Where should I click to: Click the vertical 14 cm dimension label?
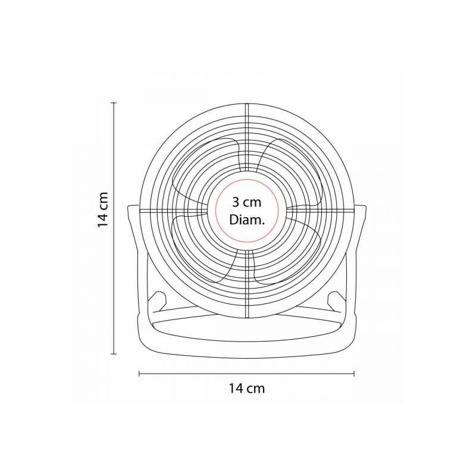click(x=103, y=209)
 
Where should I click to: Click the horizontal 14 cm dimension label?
click(x=246, y=389)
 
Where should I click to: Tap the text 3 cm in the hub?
click(x=246, y=202)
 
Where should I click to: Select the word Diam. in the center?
click(x=247, y=220)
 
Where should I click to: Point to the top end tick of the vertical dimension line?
click(x=114, y=103)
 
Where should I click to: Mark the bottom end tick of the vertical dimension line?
click(x=114, y=353)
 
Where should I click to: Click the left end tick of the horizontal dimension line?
click(x=139, y=374)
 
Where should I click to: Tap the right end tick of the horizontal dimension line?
click(x=354, y=374)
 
